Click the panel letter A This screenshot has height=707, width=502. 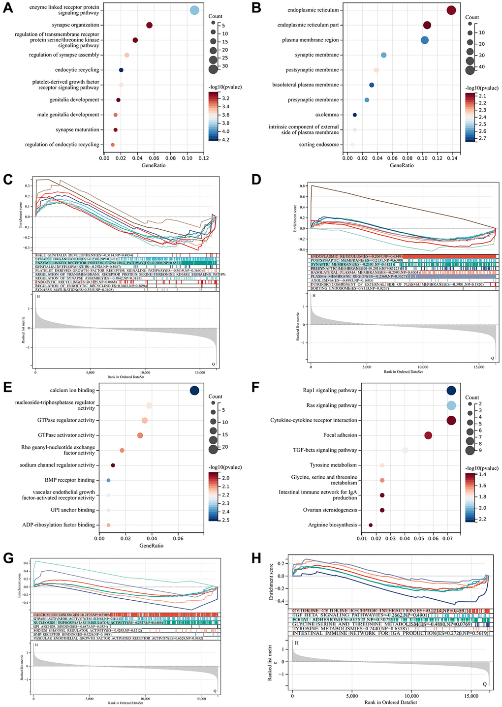8,9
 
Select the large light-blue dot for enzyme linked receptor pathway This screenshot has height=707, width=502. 194,10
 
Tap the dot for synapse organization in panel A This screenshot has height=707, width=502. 149,25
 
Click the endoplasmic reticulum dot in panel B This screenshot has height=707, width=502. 451,10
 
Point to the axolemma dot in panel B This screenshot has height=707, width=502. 354,115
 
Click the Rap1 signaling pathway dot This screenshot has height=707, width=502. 451,391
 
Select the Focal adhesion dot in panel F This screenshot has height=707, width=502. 428,435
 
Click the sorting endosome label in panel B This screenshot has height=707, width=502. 319,145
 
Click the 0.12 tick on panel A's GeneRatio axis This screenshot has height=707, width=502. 203,158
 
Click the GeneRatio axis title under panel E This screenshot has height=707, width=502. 152,545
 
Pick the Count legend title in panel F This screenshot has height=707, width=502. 472,398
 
